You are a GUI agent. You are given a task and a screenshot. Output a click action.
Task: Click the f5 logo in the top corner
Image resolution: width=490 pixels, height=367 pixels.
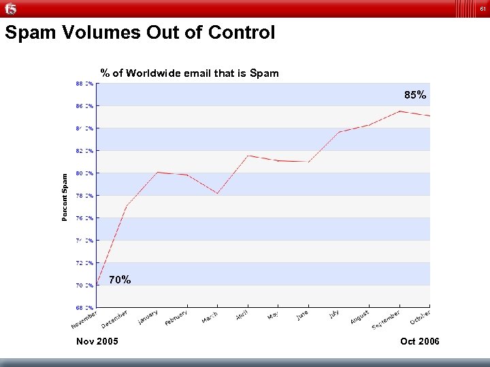tap(10, 9)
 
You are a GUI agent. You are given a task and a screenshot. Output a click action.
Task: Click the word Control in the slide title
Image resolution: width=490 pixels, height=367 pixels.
tap(243, 33)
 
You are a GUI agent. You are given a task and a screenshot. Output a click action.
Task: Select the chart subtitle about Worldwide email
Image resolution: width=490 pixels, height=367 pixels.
tap(189, 73)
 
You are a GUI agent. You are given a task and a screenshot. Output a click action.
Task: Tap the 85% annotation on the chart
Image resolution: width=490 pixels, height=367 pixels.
tap(415, 95)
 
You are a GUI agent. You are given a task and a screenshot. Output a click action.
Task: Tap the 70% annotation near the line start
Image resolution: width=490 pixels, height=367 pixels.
tap(120, 279)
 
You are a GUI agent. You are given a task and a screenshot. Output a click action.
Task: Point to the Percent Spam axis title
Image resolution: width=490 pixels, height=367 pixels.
tap(65, 197)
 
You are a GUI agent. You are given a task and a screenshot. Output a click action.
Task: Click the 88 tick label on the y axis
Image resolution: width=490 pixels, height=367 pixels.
tap(84, 84)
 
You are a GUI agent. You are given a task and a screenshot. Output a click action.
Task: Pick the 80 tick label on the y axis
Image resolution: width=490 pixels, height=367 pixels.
tap(84, 173)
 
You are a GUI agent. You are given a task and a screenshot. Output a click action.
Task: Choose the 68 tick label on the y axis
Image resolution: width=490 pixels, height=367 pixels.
tap(84, 307)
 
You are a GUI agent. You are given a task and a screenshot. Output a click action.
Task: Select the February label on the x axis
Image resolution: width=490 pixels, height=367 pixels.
tap(176, 317)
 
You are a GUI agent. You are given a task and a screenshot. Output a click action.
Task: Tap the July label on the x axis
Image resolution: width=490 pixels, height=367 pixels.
tap(335, 313)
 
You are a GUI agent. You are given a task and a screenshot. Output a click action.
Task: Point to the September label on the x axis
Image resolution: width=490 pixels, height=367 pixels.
tap(386, 319)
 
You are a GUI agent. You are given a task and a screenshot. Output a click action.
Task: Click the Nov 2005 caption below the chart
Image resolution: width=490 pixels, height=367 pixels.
tap(98, 340)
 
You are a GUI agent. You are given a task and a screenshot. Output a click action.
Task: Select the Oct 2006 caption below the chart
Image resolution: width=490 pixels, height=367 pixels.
tap(420, 340)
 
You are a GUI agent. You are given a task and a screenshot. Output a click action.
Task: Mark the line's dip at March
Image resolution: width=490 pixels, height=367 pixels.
tap(217, 194)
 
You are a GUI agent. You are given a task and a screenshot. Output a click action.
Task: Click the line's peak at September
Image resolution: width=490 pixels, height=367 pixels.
tap(400, 111)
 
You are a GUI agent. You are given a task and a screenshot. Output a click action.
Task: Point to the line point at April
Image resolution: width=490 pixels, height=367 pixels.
tap(248, 156)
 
